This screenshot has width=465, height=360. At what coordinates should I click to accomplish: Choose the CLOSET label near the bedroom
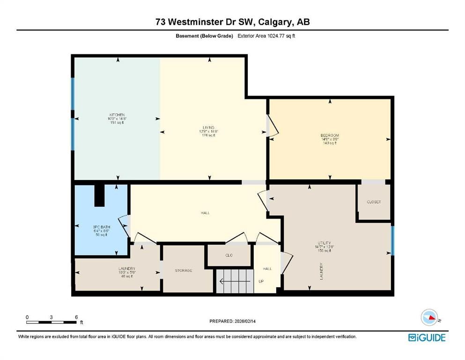click(374, 202)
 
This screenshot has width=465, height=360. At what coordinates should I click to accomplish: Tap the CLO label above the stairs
click(229, 255)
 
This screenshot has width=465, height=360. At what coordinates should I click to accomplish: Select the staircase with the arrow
click(234, 282)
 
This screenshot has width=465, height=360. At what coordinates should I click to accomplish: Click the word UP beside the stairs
click(261, 282)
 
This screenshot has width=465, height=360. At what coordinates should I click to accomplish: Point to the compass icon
click(430, 318)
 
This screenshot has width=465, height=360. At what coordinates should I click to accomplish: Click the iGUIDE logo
click(427, 337)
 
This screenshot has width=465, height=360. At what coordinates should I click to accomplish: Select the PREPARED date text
click(232, 321)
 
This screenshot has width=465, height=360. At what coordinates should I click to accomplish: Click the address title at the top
click(232, 22)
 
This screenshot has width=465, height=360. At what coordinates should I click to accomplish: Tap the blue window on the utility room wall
click(392, 240)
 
